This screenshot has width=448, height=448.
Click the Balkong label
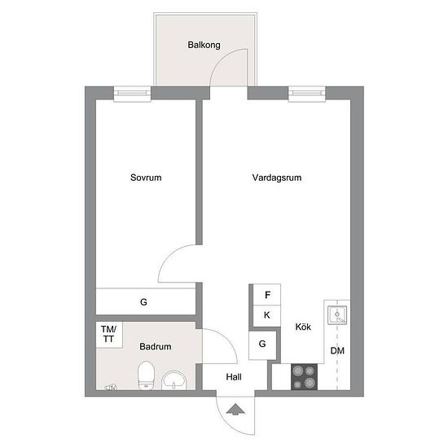[204, 45]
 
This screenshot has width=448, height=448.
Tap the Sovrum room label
[146, 178]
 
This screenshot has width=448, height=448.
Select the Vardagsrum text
[277, 178]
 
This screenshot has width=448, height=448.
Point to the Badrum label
[156, 346]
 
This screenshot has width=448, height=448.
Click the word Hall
[234, 377]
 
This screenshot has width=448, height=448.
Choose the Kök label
[303, 327]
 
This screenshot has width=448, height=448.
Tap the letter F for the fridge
[267, 295]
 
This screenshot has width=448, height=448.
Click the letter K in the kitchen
[267, 315]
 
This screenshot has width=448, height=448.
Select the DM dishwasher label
[337, 350]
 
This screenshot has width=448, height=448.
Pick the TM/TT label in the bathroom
[108, 334]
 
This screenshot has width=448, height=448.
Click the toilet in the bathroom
[146, 376]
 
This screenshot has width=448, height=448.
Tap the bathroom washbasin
[174, 380]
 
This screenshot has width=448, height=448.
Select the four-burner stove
[304, 377]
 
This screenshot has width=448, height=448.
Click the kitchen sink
[337, 315]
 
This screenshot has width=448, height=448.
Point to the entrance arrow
[235, 409]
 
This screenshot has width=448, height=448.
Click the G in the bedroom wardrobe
[143, 301]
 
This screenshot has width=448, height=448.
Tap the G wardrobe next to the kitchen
[262, 344]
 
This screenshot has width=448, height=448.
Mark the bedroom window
[132, 94]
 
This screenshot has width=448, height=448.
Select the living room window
[307, 94]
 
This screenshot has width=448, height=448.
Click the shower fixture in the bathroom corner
[111, 388]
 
